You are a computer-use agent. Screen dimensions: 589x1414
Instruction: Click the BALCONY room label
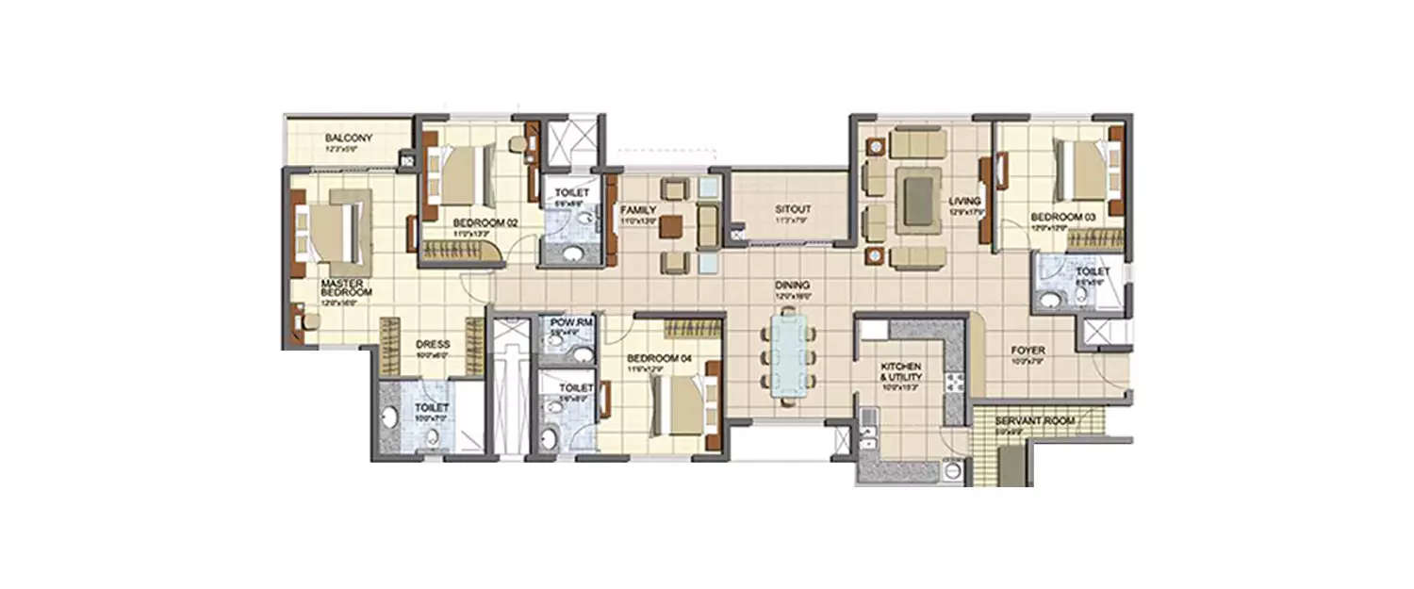[x=322, y=138]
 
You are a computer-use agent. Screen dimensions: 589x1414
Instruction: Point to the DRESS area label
[x=433, y=345]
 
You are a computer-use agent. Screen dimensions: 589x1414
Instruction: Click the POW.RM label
[x=567, y=323]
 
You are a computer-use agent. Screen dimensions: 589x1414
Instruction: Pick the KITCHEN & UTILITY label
[x=901, y=369]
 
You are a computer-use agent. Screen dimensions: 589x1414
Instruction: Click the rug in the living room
[x=917, y=199]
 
